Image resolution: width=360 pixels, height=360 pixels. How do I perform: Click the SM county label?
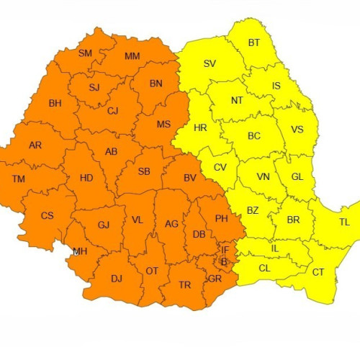click(85, 53)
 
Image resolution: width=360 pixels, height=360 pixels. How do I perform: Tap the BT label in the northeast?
click(254, 42)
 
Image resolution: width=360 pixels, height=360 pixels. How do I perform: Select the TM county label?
click(19, 178)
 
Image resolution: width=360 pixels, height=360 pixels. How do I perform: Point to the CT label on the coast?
click(318, 271)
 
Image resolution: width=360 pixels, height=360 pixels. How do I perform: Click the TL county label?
click(344, 222)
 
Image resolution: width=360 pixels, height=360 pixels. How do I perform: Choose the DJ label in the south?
click(117, 279)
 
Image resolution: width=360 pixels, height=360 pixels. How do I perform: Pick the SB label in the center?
click(144, 171)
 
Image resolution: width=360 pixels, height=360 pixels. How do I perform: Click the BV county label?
click(190, 178)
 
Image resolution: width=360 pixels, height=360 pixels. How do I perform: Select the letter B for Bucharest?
click(223, 261)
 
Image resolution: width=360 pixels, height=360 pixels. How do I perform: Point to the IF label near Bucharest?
click(225, 250)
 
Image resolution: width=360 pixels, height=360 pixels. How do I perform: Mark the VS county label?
click(297, 130)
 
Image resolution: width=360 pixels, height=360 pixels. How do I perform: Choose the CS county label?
click(47, 215)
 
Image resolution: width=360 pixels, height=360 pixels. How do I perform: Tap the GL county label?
click(297, 177)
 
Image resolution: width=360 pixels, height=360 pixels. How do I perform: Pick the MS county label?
click(163, 125)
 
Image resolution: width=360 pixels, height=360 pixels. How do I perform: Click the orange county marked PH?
click(222, 218)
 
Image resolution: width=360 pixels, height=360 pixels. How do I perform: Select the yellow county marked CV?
click(220, 167)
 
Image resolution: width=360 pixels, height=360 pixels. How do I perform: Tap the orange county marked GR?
click(215, 278)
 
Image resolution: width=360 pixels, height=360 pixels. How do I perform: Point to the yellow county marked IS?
click(276, 86)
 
